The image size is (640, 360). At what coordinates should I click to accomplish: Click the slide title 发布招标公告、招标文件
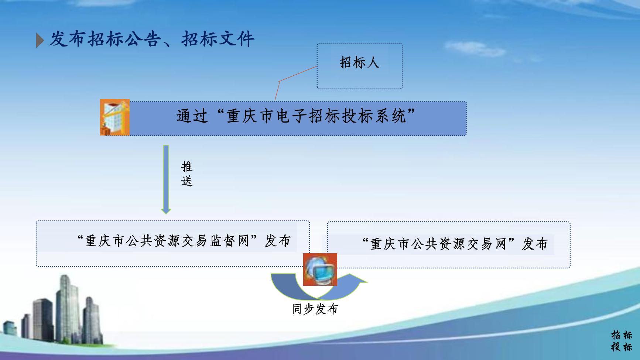click(x=151, y=39)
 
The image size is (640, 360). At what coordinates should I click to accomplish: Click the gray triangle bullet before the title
click(x=40, y=40)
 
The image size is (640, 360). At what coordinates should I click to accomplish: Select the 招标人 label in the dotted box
click(x=359, y=62)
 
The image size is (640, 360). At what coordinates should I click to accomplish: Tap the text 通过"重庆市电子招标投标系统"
click(x=295, y=116)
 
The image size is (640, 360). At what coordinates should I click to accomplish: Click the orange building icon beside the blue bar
click(x=115, y=117)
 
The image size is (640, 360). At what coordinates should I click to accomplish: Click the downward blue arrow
click(x=166, y=179)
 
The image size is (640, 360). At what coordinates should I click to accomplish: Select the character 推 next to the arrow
click(x=187, y=167)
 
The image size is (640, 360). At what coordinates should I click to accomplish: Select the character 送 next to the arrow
click(x=187, y=181)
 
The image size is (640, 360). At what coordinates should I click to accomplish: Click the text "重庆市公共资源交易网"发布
click(x=455, y=244)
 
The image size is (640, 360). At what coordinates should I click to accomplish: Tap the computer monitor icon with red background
click(x=320, y=270)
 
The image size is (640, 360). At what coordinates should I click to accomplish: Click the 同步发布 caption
click(x=315, y=309)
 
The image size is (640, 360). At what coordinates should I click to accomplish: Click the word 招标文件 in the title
click(x=218, y=39)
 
